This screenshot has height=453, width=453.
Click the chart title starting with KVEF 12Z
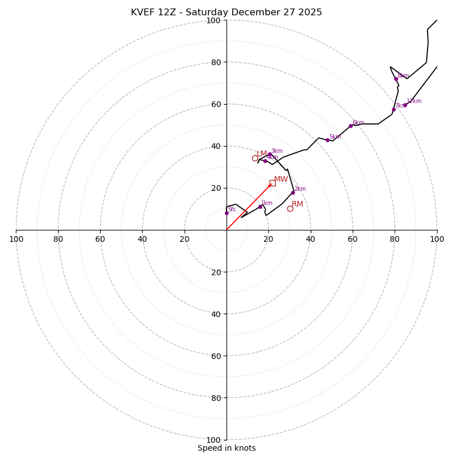pyautogui.click(x=226, y=12)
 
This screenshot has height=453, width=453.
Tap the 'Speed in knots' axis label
pyautogui.click(x=226, y=448)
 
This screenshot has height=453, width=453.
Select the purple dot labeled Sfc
pyautogui.click(x=226, y=213)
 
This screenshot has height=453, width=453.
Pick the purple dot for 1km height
pyautogui.click(x=260, y=207)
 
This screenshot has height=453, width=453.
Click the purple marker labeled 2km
pyautogui.click(x=293, y=193)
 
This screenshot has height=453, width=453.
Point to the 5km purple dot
pyautogui.click(x=327, y=140)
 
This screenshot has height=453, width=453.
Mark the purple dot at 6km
pyautogui.click(x=351, y=126)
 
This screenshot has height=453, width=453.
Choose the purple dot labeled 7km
pyautogui.click(x=394, y=109)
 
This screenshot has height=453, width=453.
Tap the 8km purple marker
pyautogui.click(x=396, y=79)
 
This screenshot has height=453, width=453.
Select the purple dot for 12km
pyautogui.click(x=405, y=105)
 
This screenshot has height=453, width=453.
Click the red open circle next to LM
pyautogui.click(x=255, y=158)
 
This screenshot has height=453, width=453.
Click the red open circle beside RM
pyautogui.click(x=290, y=208)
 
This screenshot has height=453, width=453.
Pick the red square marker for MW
pyautogui.click(x=272, y=183)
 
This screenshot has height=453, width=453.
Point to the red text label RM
pyautogui.click(x=298, y=204)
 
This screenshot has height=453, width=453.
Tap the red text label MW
pyautogui.click(x=281, y=180)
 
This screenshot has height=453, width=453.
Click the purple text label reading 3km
pyautogui.click(x=276, y=151)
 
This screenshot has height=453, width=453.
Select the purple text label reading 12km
pyautogui.click(x=414, y=101)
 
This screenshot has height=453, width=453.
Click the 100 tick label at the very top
pyautogui.click(x=213, y=20)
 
